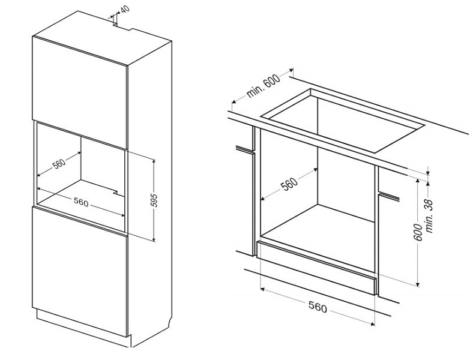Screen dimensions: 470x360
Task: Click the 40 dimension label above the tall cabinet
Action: [125, 9]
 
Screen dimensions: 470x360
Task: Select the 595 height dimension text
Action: [154, 200]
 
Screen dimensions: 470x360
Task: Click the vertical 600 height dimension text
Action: [418, 232]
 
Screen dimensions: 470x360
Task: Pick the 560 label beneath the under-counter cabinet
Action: [318, 307]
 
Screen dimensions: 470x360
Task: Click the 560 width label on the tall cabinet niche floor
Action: [81, 203]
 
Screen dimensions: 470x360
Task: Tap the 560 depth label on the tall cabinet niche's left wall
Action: [59, 164]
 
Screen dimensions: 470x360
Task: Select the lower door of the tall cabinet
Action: [80, 271]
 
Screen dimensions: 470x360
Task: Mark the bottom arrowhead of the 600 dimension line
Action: [417, 284]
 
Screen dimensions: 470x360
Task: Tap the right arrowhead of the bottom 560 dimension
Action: [373, 323]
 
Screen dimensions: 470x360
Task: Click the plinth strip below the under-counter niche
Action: [316, 268]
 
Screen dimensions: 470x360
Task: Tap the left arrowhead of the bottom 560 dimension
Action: [262, 289]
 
